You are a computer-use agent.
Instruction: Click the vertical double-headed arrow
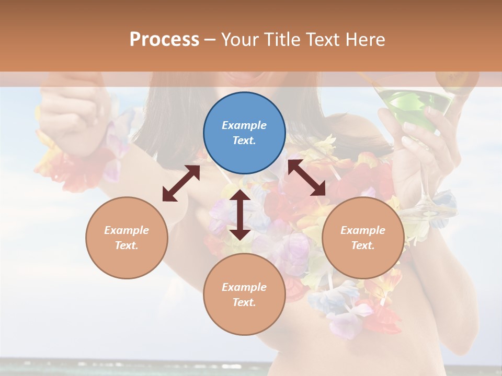[x=240, y=215]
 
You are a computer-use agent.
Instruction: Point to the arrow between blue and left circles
[x=181, y=183]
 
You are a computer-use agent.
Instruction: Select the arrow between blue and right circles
[x=306, y=178]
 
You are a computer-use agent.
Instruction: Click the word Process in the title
[x=164, y=39]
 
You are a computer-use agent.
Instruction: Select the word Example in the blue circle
[x=244, y=125]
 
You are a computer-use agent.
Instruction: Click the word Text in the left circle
[x=126, y=245]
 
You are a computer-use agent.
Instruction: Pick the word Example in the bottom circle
[x=244, y=287]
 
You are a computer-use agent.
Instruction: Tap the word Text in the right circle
[x=362, y=245]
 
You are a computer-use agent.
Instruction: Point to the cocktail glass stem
[x=425, y=178]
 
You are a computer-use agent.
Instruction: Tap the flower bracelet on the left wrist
[x=78, y=162]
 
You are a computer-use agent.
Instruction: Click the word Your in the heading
[x=238, y=39]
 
